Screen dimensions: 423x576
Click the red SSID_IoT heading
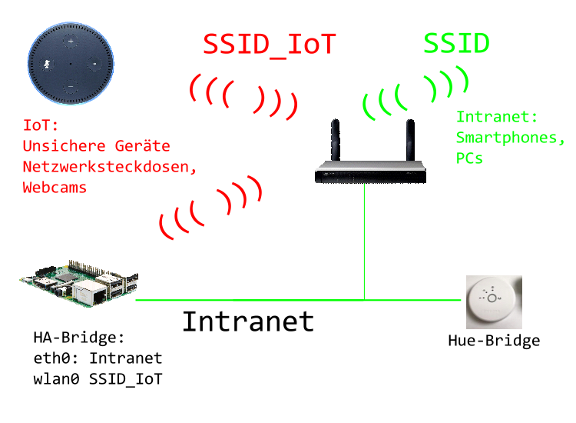point(269,45)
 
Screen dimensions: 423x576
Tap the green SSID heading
point(456,44)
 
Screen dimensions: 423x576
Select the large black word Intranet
point(247,321)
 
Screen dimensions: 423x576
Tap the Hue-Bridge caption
point(494,341)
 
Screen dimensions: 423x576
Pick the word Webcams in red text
point(54,187)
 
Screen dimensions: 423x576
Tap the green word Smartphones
point(510,138)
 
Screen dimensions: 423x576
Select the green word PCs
point(469,159)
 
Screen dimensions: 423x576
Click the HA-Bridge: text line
point(78,338)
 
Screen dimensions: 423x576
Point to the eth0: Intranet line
point(98,358)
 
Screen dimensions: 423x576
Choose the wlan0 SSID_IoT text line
point(98,379)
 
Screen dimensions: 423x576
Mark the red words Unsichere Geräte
point(97,145)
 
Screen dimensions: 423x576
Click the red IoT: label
point(41,125)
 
